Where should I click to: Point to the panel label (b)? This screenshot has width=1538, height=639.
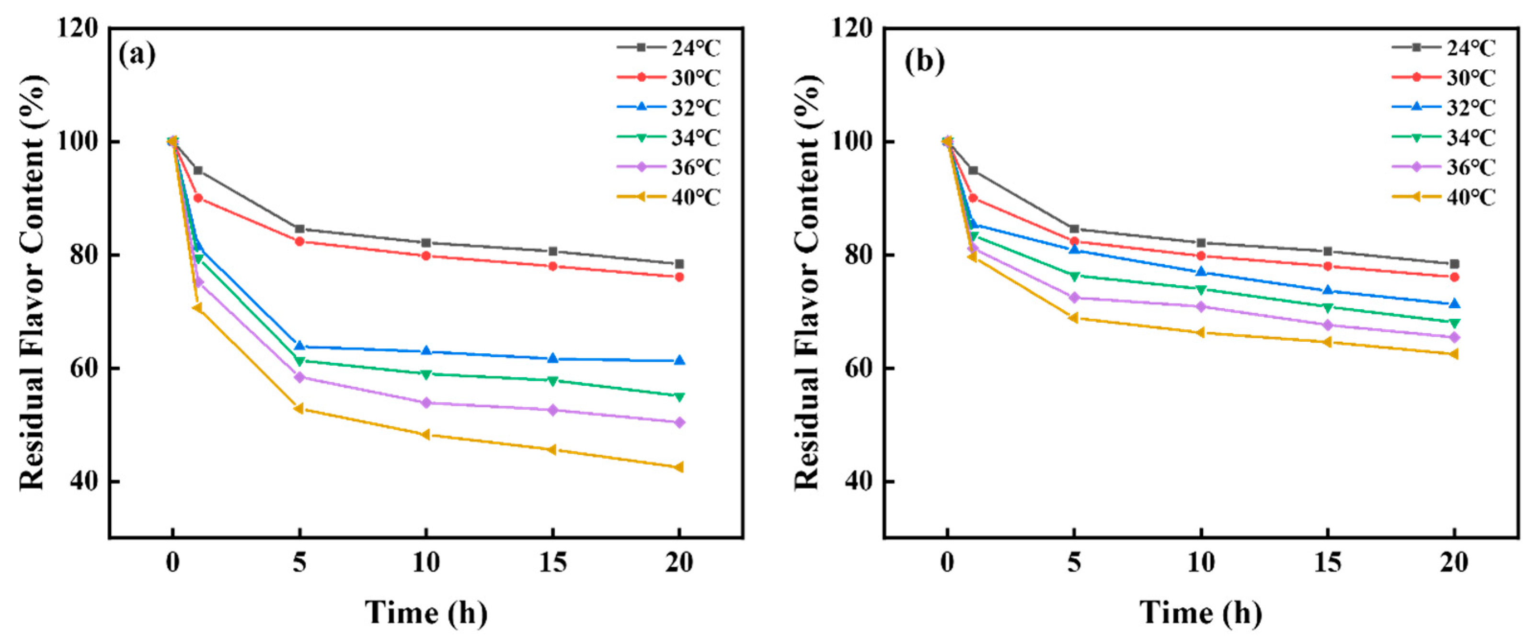pos(925,61)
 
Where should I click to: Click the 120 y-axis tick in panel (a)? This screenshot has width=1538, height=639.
pos(78,28)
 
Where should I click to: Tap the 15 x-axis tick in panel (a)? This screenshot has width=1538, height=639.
pos(552,562)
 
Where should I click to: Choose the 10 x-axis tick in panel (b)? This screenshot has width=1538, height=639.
pos(1201,562)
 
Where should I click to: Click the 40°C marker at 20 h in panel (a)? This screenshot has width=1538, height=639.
pos(678,467)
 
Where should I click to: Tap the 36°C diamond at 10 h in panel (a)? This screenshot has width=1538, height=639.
pos(426,403)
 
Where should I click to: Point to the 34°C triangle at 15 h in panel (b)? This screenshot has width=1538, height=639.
pos(1327,307)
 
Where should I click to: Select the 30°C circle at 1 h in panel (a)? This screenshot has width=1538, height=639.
pos(198,198)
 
